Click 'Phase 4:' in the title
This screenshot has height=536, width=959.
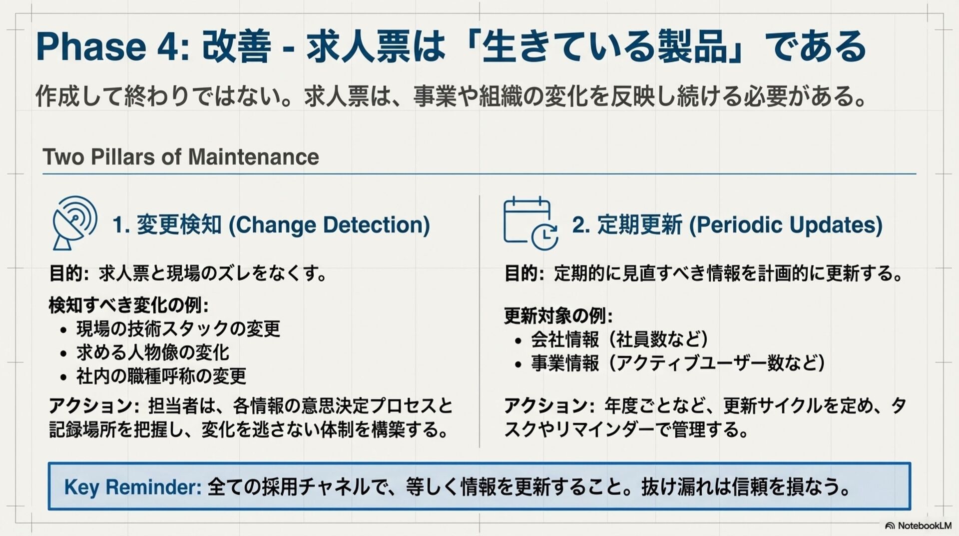[x=113, y=46]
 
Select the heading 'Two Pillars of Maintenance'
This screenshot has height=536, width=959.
[x=181, y=157]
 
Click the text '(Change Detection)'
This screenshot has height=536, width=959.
[x=329, y=225]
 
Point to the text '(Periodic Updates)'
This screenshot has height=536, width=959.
[x=786, y=225]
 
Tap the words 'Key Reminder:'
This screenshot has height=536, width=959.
[x=132, y=487]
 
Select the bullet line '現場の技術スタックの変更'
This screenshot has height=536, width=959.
[x=178, y=329]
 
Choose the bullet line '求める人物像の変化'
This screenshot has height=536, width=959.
[x=153, y=352]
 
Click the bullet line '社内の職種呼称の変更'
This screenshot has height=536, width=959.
[x=161, y=376]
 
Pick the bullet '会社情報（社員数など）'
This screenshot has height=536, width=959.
[x=619, y=339]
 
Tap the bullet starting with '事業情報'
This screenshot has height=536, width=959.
[x=678, y=363]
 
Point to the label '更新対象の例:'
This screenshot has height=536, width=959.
[x=558, y=316]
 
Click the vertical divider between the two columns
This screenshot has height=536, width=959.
[x=479, y=320]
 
